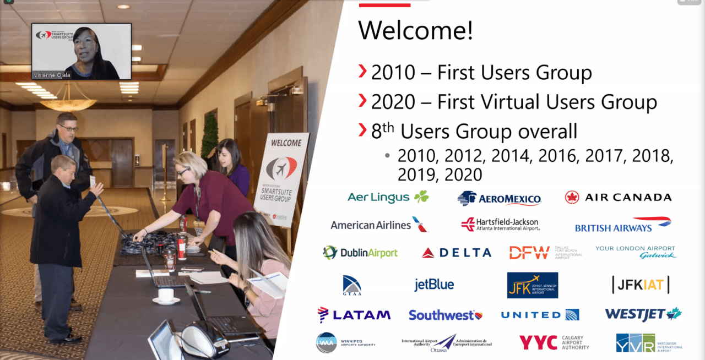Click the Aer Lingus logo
tap(388, 197)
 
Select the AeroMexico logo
tap(499, 198)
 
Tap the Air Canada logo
tap(618, 197)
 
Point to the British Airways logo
tap(622, 225)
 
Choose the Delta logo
tap(456, 253)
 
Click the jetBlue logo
tap(434, 285)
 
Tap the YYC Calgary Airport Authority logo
tap(554, 342)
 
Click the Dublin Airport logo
tap(360, 253)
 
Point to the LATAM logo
tap(354, 315)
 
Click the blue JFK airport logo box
tap(532, 285)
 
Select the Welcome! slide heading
tap(416, 31)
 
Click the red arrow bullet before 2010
tap(362, 71)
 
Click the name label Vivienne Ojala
tap(52, 75)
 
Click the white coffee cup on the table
tap(166, 296)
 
